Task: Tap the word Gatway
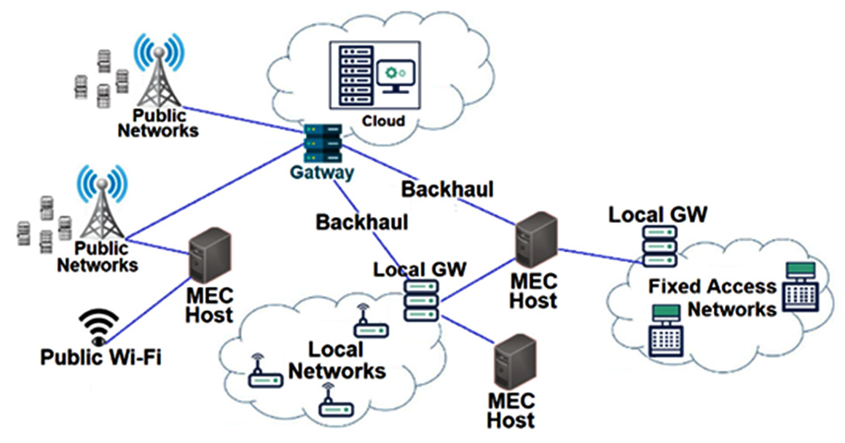tap(322, 173)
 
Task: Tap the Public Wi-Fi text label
tap(101, 358)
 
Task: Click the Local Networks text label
tap(337, 360)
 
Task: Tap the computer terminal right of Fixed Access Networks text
tap(798, 289)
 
